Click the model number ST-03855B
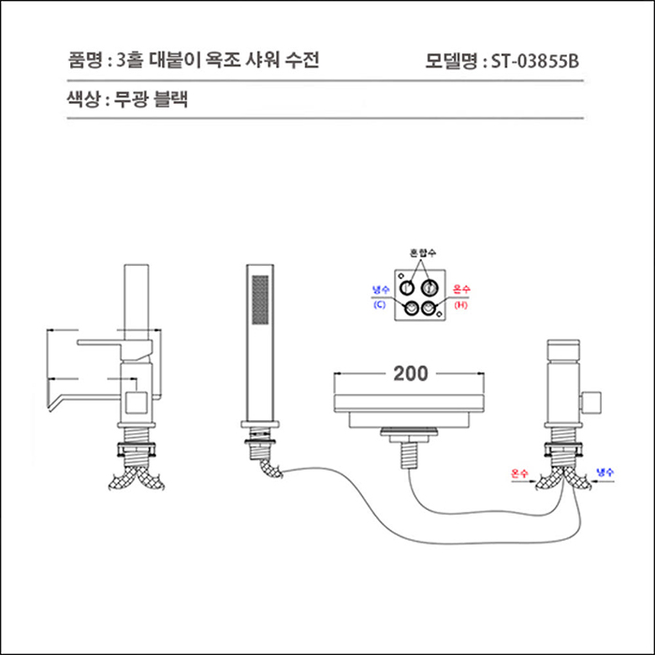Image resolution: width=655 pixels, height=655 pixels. pyautogui.click(x=535, y=62)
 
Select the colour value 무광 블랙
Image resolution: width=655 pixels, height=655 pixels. pyautogui.click(x=152, y=100)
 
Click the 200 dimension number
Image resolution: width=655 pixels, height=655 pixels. pyautogui.click(x=410, y=374)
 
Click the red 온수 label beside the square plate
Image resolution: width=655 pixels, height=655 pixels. pyautogui.click(x=460, y=291)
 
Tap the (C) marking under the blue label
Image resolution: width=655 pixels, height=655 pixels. pyautogui.click(x=379, y=305)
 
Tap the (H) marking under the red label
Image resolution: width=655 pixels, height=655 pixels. pyautogui.click(x=460, y=305)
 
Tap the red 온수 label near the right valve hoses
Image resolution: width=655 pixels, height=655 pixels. pyautogui.click(x=520, y=473)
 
